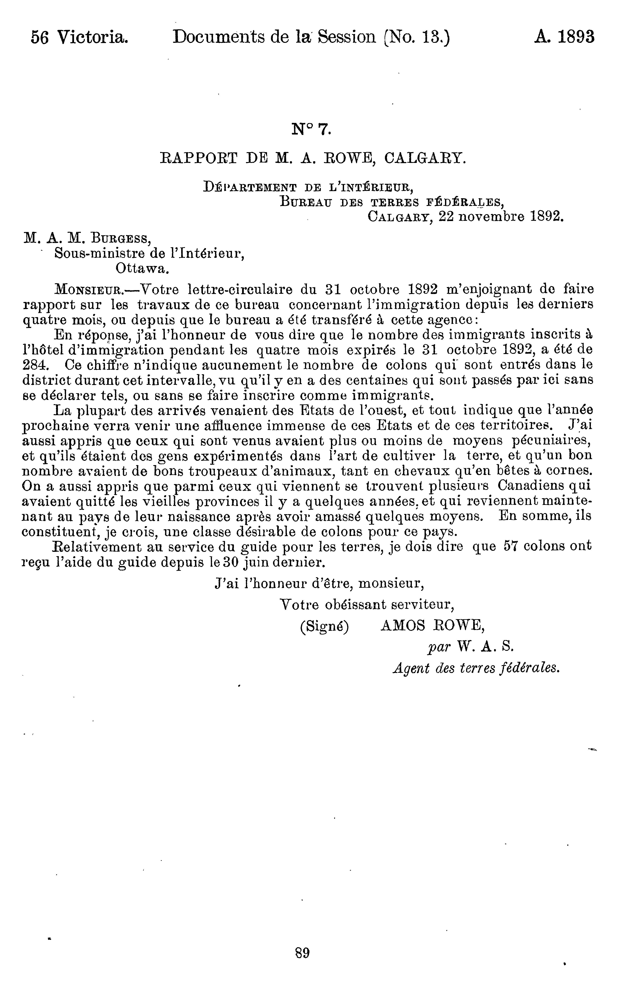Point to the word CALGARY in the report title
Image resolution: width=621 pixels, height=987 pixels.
tap(425, 158)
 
